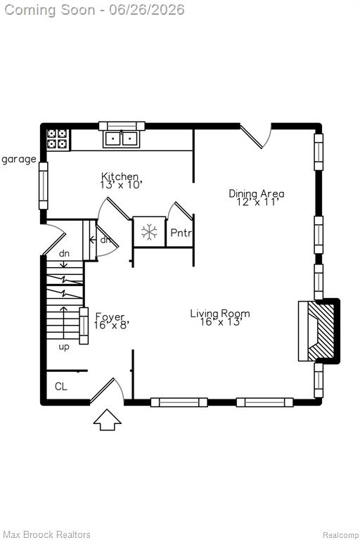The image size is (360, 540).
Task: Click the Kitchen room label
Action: coord(120,176)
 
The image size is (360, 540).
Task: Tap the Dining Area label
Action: coord(257,193)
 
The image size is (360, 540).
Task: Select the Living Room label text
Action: coord(220,314)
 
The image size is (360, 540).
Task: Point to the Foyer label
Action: coord(110,317)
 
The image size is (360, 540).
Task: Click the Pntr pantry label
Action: coord(181,233)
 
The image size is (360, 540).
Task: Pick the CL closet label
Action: coord(61,387)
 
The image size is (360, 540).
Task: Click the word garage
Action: coord(18,160)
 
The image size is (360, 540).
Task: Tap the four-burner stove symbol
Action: coord(58,139)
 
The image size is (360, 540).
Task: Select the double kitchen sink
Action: coord(121,139)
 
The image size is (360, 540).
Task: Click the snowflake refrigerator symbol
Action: coord(149,232)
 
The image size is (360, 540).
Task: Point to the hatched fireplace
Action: coord(321,331)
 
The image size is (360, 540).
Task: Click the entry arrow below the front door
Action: coord(108,420)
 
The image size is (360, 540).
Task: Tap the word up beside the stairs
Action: coord(64,347)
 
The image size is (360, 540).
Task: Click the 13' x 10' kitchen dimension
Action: coord(121,185)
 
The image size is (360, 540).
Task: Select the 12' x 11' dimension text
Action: coord(257,202)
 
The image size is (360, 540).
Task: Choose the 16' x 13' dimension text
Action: coord(221,322)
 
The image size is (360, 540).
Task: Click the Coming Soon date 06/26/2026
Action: coord(147,10)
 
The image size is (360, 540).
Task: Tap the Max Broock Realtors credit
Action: coord(47,534)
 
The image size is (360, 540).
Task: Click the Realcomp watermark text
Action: coord(340,534)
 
